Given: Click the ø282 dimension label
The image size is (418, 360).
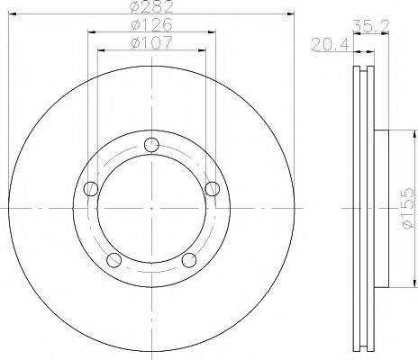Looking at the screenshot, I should pyautogui.click(x=153, y=8).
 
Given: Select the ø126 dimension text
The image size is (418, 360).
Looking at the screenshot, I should pyautogui.click(x=153, y=24).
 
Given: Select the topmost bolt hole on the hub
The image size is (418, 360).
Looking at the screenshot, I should pyautogui.click(x=151, y=146).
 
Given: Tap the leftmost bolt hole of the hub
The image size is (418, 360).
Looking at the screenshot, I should pyautogui.click(x=91, y=189).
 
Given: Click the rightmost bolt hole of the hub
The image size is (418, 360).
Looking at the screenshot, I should pyautogui.click(x=212, y=189).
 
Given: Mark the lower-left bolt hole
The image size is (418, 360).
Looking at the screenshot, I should pyautogui.click(x=114, y=259).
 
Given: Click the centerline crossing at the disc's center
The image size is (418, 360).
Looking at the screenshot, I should pyautogui.click(x=151, y=209).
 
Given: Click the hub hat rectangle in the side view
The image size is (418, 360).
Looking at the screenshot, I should pyautogui.click(x=379, y=209).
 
